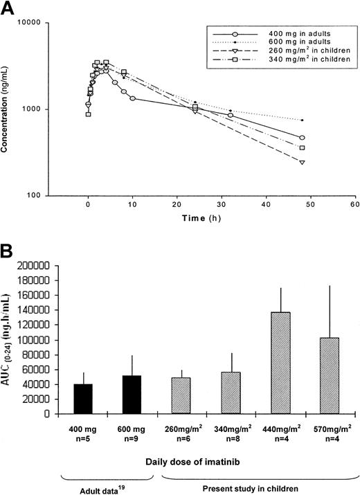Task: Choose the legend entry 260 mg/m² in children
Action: tap(298, 52)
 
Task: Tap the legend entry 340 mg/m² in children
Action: tap(298, 61)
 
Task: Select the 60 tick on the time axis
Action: tap(354, 206)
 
